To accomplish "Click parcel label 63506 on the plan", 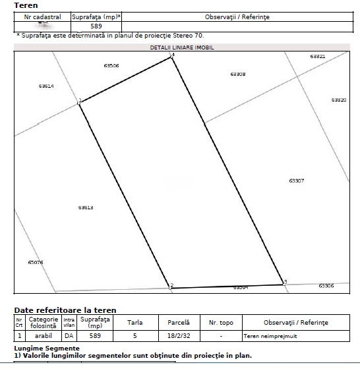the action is pos(111,66).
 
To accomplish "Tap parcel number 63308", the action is pos(238,74).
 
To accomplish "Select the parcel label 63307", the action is pos(296,180).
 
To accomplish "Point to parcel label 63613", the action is pos(86,207).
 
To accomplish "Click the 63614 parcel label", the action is pos(46,86).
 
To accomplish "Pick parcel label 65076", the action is pos(36,262).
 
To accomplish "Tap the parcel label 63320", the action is pos(338,100).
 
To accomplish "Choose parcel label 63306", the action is pos(326,286).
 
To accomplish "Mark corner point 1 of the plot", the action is pos(80,102).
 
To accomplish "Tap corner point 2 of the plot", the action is pos(171,287).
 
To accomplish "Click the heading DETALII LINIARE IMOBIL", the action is pos(182,48).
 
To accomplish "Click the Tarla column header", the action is pos(135,322).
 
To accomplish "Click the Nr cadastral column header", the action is pos(42,17).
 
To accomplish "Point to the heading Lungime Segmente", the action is pos(47,348).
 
